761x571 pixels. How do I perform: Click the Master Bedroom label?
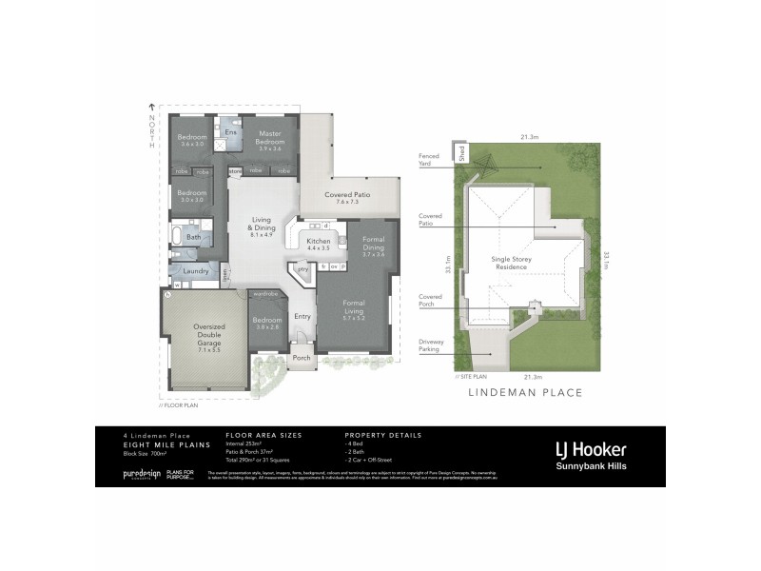click(x=270, y=141)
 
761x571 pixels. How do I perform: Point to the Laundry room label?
click(x=196, y=271)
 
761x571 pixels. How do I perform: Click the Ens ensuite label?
click(x=229, y=131)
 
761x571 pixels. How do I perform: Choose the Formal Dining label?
click(x=366, y=246)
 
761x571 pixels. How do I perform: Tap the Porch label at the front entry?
click(x=302, y=358)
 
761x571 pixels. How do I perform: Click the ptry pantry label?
click(x=302, y=269)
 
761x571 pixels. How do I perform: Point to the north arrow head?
click(x=150, y=106)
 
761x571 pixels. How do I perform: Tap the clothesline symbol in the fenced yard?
click(x=487, y=167)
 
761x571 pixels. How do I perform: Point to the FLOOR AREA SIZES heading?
click(x=263, y=434)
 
